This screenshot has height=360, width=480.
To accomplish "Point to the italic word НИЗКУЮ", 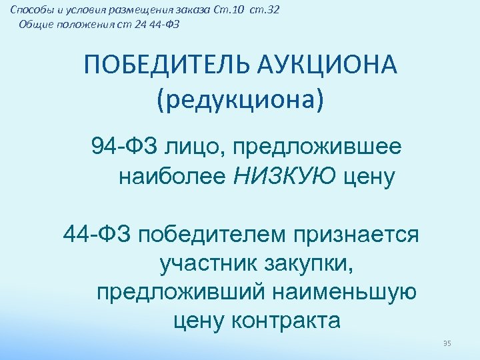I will tap(287, 176).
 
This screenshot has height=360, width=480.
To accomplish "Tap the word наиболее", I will tap(173, 176).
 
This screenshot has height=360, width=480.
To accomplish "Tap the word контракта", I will tap(287, 320).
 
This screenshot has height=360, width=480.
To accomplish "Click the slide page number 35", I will tap(447, 343).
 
